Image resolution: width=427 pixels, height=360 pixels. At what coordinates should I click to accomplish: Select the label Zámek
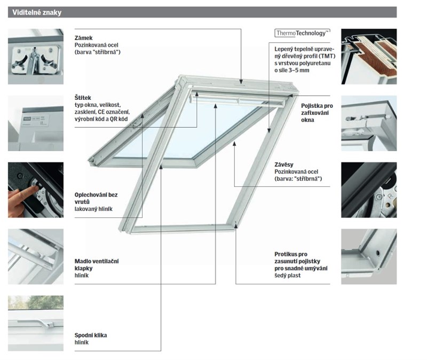coord(84,38)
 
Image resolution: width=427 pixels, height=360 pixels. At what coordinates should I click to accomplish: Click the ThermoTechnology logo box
coord(302,33)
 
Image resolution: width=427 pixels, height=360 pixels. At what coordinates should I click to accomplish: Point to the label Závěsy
coord(284,165)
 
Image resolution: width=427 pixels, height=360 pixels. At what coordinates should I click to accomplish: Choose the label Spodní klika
coord(91,335)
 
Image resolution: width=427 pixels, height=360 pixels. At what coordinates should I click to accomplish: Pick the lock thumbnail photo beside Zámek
coord(36,57)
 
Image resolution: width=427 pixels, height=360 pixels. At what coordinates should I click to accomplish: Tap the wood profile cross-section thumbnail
coord(369,57)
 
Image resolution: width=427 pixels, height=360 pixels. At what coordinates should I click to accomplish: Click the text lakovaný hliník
coord(94,208)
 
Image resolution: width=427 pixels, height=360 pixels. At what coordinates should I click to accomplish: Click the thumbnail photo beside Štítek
coord(36,123)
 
